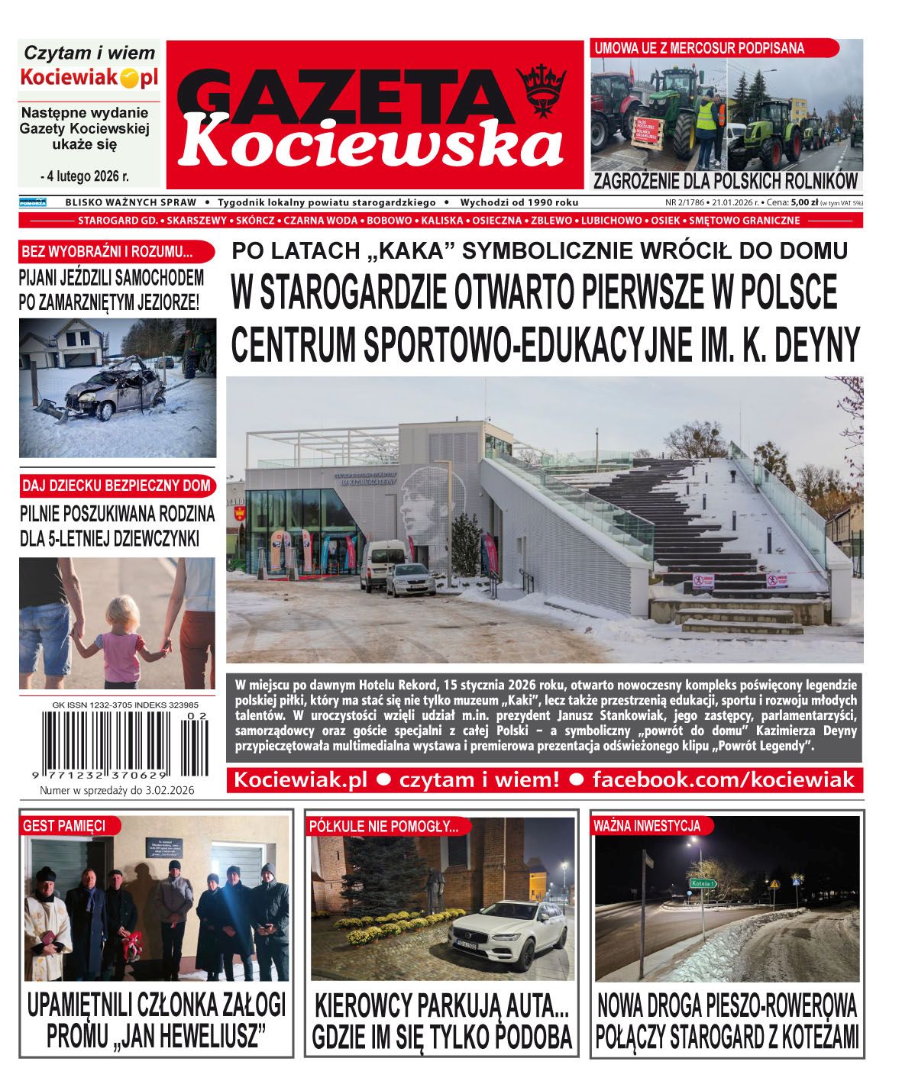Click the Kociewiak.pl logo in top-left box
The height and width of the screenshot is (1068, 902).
click(x=89, y=77)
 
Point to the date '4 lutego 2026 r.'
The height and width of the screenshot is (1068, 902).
click(x=86, y=176)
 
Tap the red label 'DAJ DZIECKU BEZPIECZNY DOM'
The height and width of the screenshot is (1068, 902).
click(x=115, y=486)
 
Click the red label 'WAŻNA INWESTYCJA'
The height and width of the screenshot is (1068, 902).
click(x=646, y=825)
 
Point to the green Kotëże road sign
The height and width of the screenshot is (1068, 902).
click(x=703, y=883)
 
